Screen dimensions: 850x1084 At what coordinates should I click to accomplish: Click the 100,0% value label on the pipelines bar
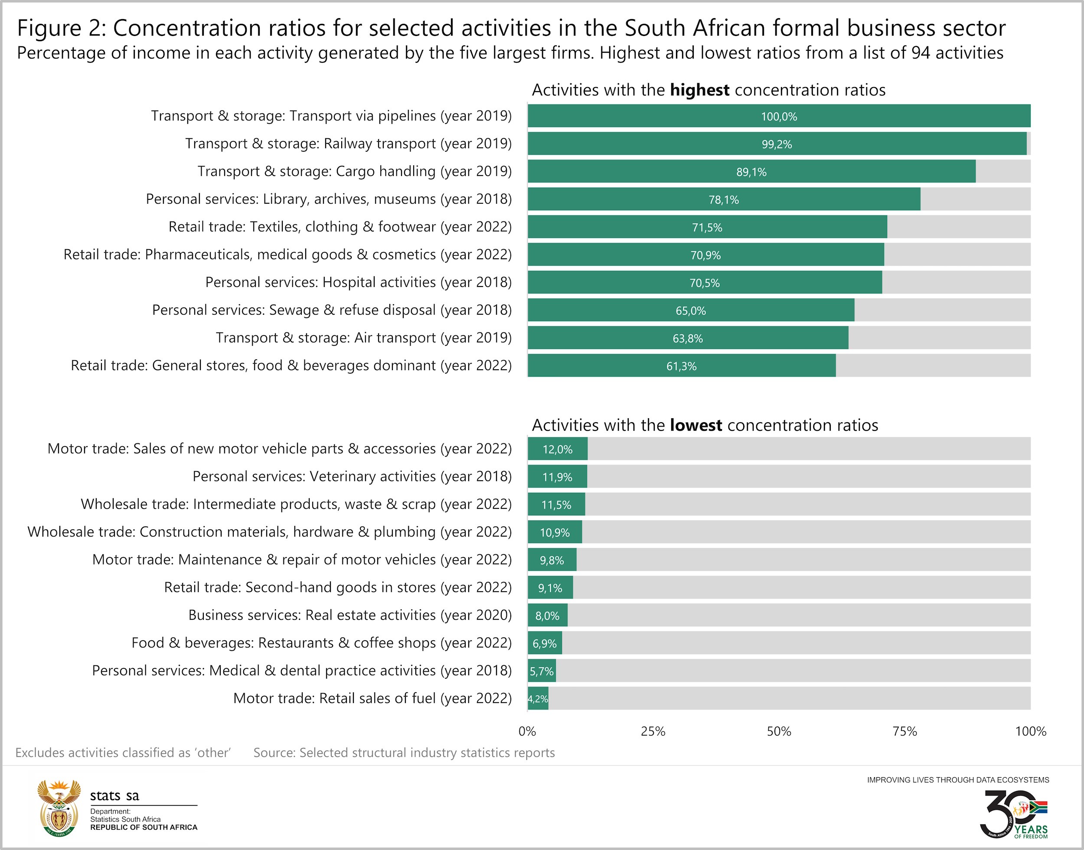(x=778, y=117)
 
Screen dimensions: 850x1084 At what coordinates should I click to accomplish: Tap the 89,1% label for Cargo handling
(x=751, y=172)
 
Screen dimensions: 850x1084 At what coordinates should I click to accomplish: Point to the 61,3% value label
(x=681, y=366)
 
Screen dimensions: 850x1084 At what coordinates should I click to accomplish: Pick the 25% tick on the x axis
(x=653, y=731)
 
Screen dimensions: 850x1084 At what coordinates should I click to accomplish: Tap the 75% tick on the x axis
(x=904, y=731)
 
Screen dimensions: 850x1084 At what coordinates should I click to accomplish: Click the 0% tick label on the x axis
(x=527, y=731)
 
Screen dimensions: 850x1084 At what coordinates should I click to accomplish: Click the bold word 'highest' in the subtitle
(x=699, y=90)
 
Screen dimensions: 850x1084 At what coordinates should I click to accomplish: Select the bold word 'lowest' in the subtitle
(x=695, y=426)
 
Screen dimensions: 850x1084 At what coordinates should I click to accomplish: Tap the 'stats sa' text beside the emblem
(x=114, y=796)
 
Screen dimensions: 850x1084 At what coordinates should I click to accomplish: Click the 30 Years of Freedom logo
(x=1013, y=814)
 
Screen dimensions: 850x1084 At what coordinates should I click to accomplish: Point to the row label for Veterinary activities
(x=352, y=477)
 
